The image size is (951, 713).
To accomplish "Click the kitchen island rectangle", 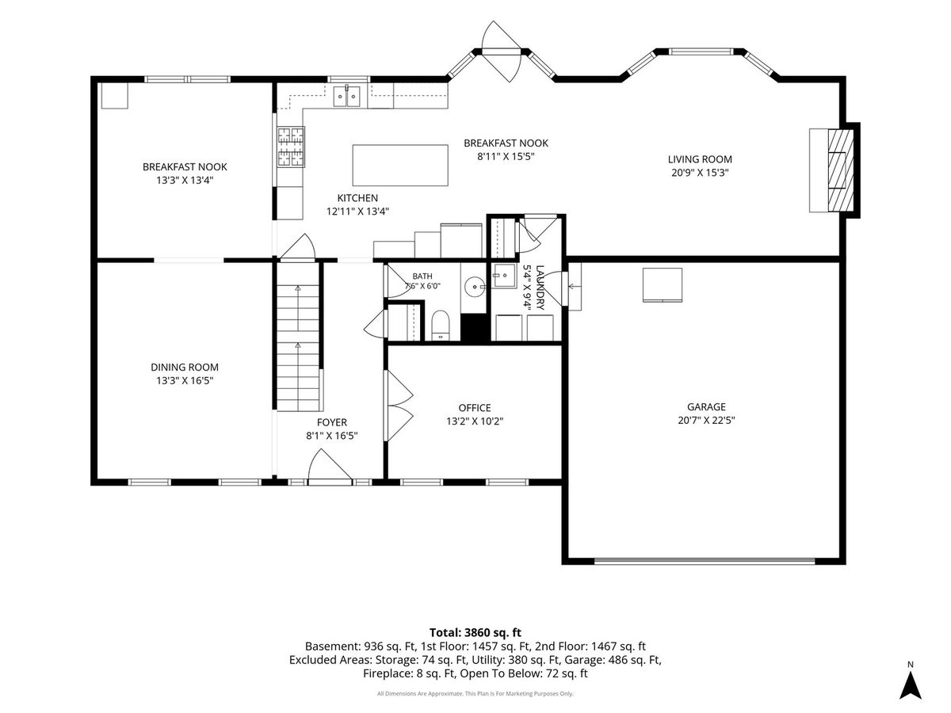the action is click(400, 166).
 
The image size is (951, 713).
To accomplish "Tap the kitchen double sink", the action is click(346, 96).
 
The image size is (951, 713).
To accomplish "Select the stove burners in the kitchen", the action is click(291, 147).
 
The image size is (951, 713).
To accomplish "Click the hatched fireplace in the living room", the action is click(841, 170).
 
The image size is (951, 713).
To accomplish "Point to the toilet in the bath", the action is click(441, 325).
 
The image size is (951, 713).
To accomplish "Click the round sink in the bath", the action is click(475, 286).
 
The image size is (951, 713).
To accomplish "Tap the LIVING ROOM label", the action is click(700, 159).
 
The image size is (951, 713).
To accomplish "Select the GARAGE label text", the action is click(706, 407).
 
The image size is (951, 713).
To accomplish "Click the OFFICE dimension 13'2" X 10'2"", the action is click(475, 421).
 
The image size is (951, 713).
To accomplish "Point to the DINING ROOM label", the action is click(185, 367).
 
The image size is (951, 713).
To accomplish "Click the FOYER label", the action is click(331, 422).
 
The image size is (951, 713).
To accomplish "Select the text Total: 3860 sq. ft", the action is click(475, 632).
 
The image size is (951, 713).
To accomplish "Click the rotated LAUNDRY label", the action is click(540, 288).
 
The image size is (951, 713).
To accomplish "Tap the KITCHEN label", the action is click(357, 198).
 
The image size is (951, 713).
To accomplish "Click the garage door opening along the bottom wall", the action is click(704, 562).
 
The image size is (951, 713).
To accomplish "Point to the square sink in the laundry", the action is click(504, 276).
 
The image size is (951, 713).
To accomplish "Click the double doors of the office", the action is click(399, 406).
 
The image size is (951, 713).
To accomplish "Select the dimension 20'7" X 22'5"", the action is click(706, 421).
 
